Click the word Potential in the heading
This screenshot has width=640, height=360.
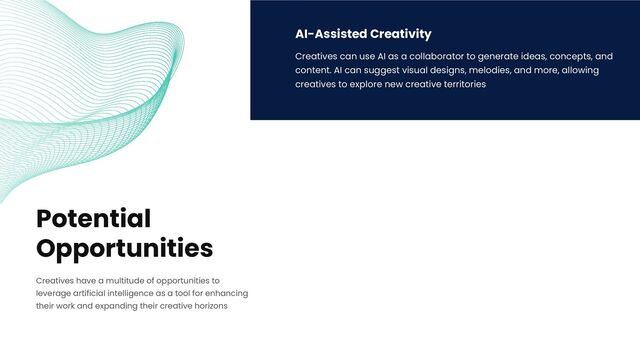click(x=93, y=219)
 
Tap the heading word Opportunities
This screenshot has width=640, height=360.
click(x=124, y=248)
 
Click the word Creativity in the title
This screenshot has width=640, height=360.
click(x=401, y=34)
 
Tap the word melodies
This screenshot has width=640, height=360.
click(x=490, y=71)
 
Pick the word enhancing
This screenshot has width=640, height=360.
click(x=226, y=293)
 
